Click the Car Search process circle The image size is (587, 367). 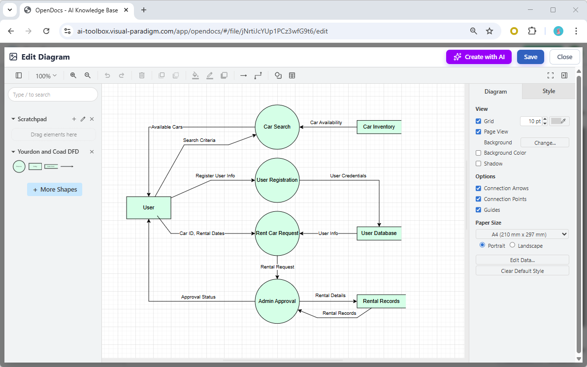point(277,127)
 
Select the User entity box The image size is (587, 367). point(149,207)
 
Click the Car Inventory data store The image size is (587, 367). point(379,127)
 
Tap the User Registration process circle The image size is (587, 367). point(277,180)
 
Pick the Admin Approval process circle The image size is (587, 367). point(277,301)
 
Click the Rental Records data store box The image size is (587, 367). point(381,301)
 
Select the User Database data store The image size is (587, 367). point(379,233)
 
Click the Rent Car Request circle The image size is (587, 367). point(277,233)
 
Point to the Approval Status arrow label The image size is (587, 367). point(198,297)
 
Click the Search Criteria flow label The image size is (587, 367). point(199,140)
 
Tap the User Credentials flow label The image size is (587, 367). point(348,176)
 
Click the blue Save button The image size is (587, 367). point(530,57)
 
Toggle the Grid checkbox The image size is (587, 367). point(479,121)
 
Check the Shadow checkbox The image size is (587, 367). point(479,164)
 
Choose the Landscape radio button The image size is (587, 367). point(512,245)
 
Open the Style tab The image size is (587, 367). point(549,91)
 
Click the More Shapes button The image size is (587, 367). point(55,190)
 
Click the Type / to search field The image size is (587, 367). point(53,95)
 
